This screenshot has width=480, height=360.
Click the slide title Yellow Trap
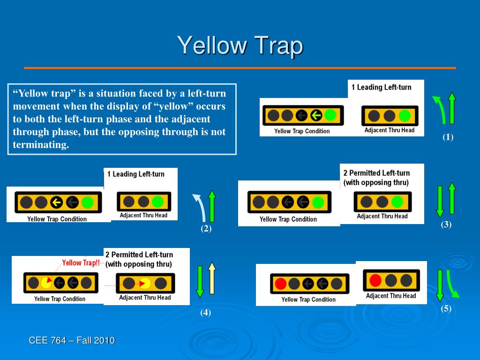click(240, 46)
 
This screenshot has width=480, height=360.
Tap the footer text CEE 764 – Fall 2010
click(72, 340)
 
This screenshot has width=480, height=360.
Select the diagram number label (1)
click(448, 137)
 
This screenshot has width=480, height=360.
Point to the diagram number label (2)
click(206, 229)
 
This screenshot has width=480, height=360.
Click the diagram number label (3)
click(446, 225)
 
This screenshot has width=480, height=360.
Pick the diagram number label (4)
click(205, 313)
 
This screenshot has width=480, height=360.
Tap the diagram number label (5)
click(446, 309)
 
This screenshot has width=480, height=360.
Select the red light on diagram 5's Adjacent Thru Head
click(375, 280)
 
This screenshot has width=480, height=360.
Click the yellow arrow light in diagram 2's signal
click(57, 202)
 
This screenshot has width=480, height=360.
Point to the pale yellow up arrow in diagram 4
click(212, 279)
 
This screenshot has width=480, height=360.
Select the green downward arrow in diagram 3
click(440, 202)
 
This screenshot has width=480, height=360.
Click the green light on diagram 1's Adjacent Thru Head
click(405, 116)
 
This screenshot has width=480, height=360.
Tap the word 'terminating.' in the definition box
click(41, 145)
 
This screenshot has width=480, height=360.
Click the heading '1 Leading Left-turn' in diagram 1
click(381, 87)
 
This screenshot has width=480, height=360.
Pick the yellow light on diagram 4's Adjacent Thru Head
click(145, 283)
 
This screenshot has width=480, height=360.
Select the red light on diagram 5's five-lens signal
click(281, 284)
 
